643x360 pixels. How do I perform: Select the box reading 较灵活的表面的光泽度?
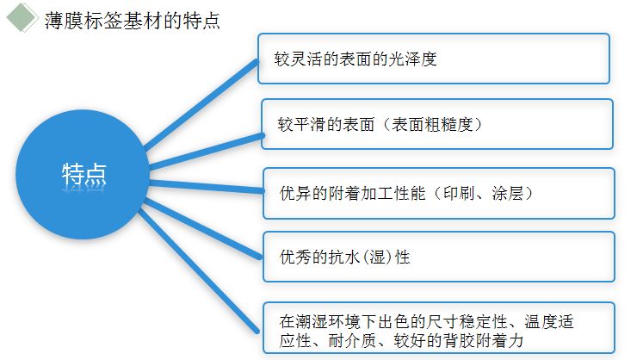pos(434,59)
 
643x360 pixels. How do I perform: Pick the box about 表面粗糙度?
pos(436,124)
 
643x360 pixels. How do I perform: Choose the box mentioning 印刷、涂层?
pos(438,193)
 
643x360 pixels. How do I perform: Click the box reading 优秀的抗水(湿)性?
pos(438,257)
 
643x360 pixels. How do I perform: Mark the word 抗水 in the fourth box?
pos(346,258)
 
